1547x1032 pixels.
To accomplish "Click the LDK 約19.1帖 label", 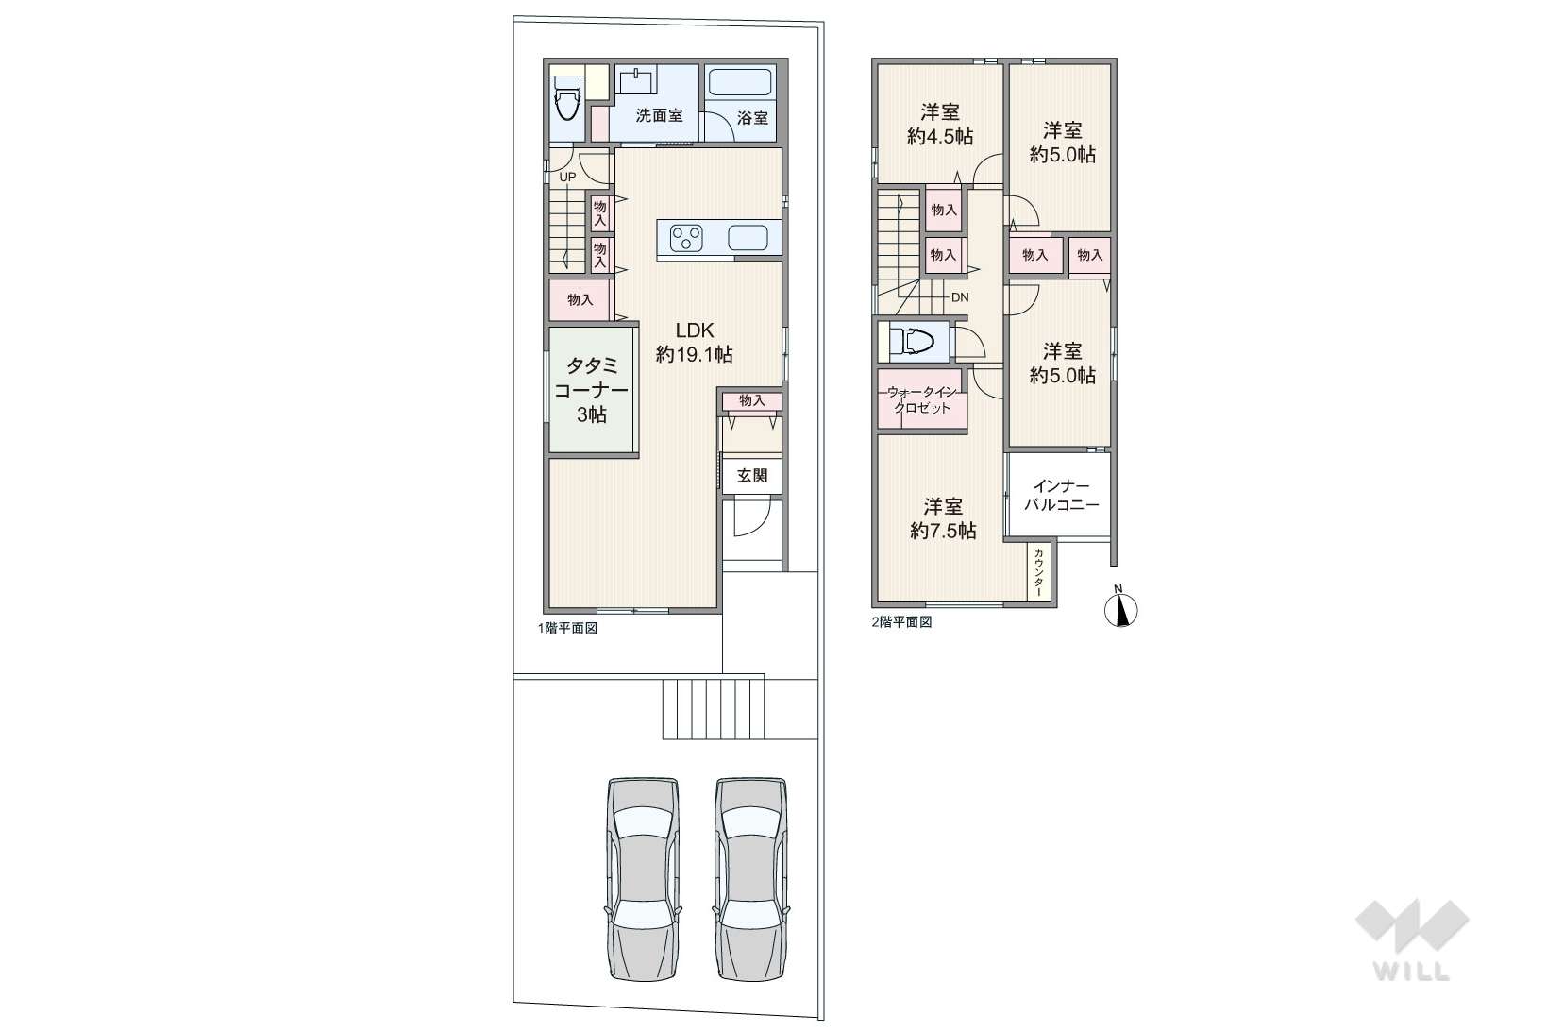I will [x=694, y=343].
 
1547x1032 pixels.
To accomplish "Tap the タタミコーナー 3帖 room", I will [x=592, y=390].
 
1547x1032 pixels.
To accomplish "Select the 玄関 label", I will [x=752, y=476].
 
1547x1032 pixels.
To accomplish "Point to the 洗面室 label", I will [x=659, y=117].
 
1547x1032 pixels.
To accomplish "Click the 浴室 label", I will [x=752, y=118].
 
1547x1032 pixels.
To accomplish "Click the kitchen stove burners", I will [x=686, y=238].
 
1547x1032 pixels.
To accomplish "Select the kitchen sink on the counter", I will [x=751, y=239].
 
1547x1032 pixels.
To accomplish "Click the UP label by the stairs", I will [x=567, y=177].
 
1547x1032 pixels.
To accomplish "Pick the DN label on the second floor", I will [x=959, y=297].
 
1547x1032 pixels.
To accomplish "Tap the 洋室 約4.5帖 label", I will [x=940, y=124].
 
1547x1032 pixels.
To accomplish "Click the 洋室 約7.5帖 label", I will [x=943, y=518].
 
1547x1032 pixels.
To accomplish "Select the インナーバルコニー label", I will [x=1062, y=496].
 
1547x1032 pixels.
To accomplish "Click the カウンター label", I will [x=1039, y=572].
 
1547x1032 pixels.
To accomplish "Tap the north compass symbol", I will [x=1120, y=609].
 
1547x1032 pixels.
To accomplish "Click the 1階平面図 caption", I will [x=567, y=628].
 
